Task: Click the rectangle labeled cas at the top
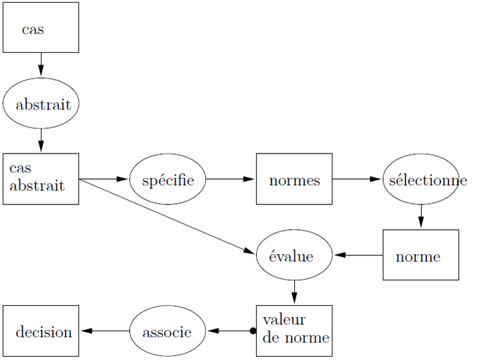tap(40, 27)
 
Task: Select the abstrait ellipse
tap(41, 104)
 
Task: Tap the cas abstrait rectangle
tap(40, 178)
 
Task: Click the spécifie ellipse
tap(168, 180)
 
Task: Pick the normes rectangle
tap(294, 180)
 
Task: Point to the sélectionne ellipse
tap(421, 180)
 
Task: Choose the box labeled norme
tap(420, 255)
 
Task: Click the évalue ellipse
tap(294, 255)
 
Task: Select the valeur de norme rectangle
tap(294, 331)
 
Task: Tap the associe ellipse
tap(168, 331)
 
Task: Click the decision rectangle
tap(41, 331)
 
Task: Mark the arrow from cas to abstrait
tap(41, 65)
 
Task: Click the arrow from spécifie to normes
tap(231, 179)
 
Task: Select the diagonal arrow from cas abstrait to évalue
tap(168, 217)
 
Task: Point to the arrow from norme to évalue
tap(358, 255)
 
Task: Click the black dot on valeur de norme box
tap(253, 331)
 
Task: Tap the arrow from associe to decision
tap(105, 331)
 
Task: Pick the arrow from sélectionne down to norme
tap(421, 217)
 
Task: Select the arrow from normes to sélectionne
tap(357, 179)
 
